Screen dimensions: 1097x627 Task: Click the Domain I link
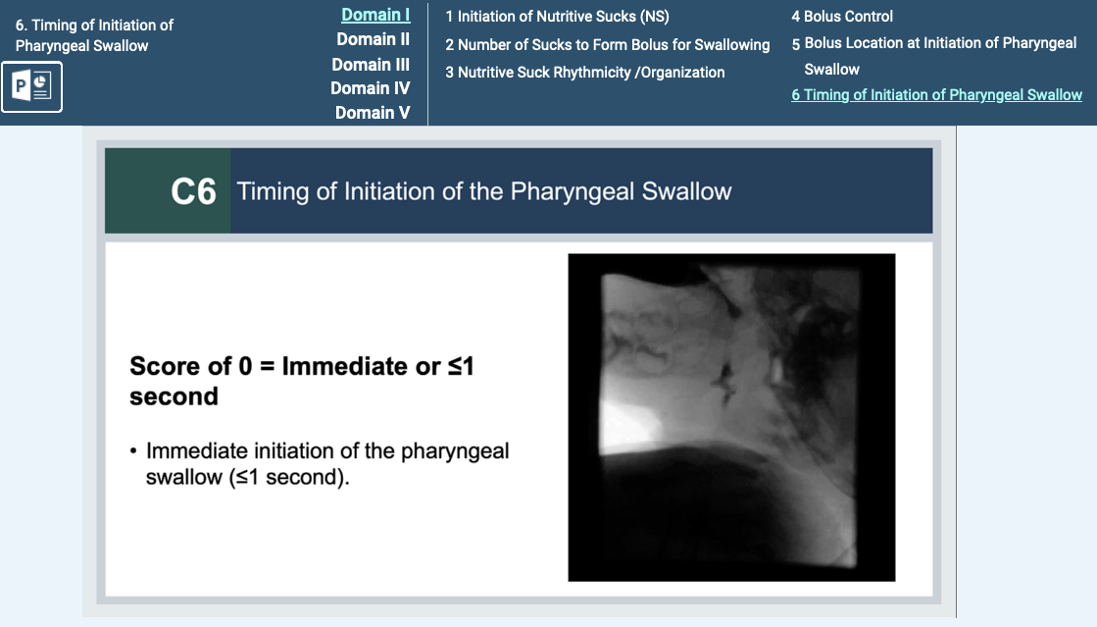[375, 15]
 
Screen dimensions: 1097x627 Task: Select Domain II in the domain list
[373, 39]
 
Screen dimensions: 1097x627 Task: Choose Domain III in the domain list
[371, 65]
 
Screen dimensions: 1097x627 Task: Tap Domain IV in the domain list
[371, 88]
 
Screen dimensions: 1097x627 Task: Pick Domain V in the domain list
[373, 113]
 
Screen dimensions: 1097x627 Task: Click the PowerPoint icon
[31, 87]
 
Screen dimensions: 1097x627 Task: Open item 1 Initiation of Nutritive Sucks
[557, 16]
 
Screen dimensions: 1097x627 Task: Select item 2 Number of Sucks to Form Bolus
[607, 45]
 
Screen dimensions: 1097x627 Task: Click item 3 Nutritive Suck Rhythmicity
[585, 73]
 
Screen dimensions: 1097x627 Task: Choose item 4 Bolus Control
[842, 16]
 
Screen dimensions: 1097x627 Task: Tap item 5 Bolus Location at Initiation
[934, 56]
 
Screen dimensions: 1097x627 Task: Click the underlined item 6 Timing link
[937, 94]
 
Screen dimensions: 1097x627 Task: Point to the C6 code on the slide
[194, 191]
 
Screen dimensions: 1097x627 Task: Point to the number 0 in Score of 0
[245, 366]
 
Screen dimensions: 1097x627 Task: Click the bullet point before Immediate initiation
[133, 452]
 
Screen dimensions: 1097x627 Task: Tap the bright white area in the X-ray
[628, 423]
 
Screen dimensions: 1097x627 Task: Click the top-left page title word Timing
[53, 26]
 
